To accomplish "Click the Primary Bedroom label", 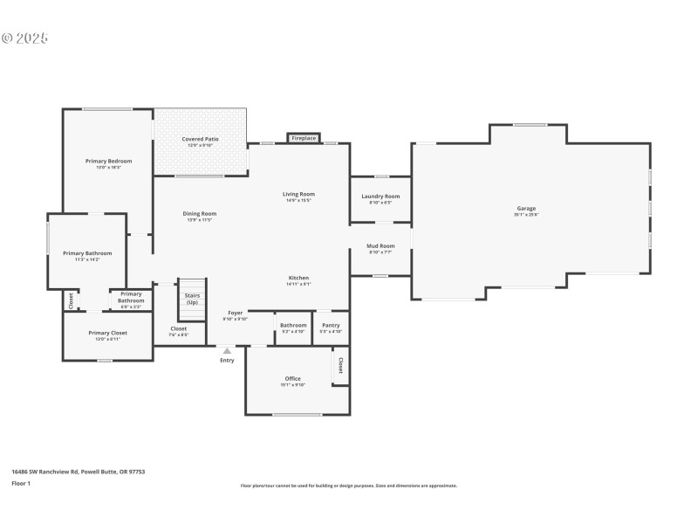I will pyautogui.click(x=108, y=161).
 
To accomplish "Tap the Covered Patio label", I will pyautogui.click(x=200, y=139).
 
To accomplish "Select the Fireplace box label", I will pyautogui.click(x=304, y=138).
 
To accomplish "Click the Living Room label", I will pyautogui.click(x=298, y=194).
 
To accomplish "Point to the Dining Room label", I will pyautogui.click(x=200, y=213).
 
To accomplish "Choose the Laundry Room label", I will pyautogui.click(x=380, y=196).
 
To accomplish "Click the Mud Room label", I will pyautogui.click(x=380, y=246).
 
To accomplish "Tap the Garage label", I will pyautogui.click(x=526, y=208).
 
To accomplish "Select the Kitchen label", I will pyautogui.click(x=298, y=278).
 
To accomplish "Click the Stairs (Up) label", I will pyautogui.click(x=191, y=299).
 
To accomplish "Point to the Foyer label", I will pyautogui.click(x=235, y=312).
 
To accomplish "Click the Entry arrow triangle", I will pyautogui.click(x=227, y=350).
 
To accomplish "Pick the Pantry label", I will pyautogui.click(x=331, y=325).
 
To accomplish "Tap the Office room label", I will pyautogui.click(x=292, y=378).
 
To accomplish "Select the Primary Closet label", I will pyautogui.click(x=108, y=333).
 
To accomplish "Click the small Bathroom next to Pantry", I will pyautogui.click(x=292, y=325).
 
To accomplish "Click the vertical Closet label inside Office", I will pyautogui.click(x=340, y=364).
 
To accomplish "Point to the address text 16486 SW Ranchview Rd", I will pyautogui.click(x=78, y=472).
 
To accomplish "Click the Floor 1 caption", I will pyautogui.click(x=21, y=483).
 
